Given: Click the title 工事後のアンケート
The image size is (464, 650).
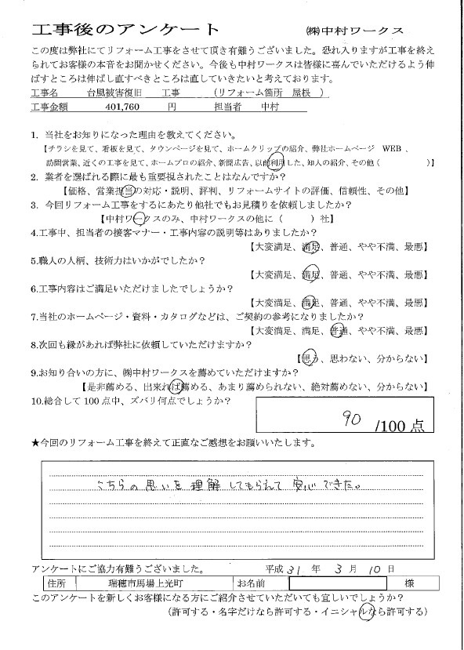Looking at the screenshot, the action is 126,29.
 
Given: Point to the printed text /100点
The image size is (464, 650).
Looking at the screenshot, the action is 399,426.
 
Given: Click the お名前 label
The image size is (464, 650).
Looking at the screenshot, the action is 251,583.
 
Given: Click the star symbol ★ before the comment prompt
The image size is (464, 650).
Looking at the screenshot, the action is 34,443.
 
